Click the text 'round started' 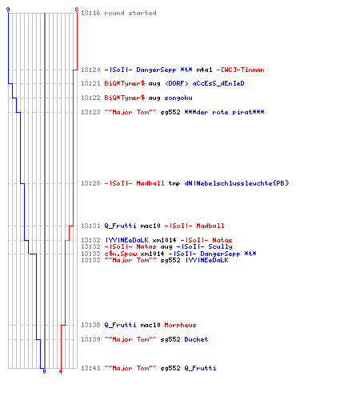click(130, 13)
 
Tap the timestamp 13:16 click(90, 13)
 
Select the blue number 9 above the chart click(8, 10)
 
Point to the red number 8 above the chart click(77, 10)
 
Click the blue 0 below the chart click(44, 371)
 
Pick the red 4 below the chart click(61, 371)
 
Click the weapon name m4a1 click(204, 70)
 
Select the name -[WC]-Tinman click(240, 70)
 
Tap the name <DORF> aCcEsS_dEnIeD click(205, 83)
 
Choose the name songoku click(178, 98)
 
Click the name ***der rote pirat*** click(224, 112)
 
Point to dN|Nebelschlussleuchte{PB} click(237, 183)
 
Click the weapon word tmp click(174, 183)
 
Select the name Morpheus click(180, 325)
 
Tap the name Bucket click(196, 339)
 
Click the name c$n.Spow click(121, 254)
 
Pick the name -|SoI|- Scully click(204, 246)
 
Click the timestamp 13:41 click(90, 368)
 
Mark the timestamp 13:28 click(90, 183)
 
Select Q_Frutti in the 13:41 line click(200, 368)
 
